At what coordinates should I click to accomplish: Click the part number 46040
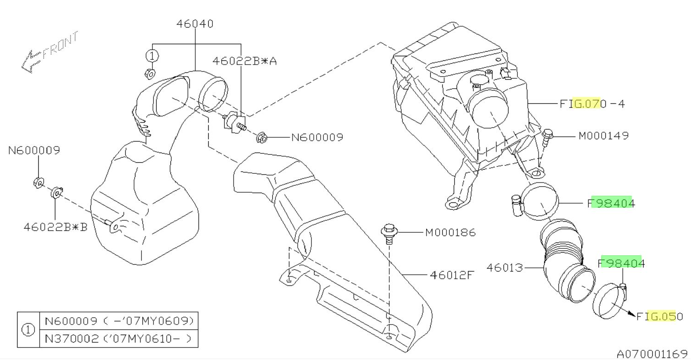click(x=195, y=24)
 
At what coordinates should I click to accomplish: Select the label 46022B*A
click(x=245, y=61)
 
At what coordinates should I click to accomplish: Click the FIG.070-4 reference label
click(x=592, y=104)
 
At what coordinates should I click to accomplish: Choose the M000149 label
click(x=604, y=136)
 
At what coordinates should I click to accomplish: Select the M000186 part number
click(x=450, y=233)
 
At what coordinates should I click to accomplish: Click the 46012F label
click(x=452, y=275)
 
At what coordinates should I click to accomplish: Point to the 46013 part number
click(x=505, y=267)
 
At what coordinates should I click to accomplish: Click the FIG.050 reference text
click(x=659, y=317)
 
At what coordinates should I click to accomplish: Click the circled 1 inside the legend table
click(x=29, y=330)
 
